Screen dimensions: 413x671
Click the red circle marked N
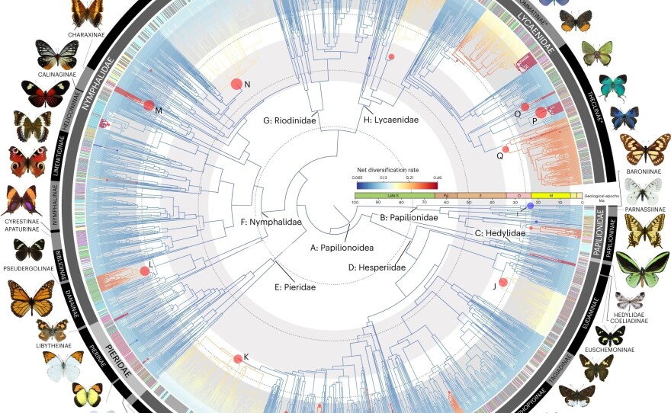[236, 85]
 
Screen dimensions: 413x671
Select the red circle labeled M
[149, 107]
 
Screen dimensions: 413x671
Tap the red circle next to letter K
[238, 358]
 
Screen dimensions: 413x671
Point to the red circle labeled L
[144, 271]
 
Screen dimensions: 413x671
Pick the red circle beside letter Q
[505, 149]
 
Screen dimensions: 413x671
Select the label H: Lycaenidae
[390, 120]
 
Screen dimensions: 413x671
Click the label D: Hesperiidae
[377, 267]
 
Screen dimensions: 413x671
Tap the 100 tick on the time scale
[355, 203]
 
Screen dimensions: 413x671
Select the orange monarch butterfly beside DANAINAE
[31, 298]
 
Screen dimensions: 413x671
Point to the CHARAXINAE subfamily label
[86, 34]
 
